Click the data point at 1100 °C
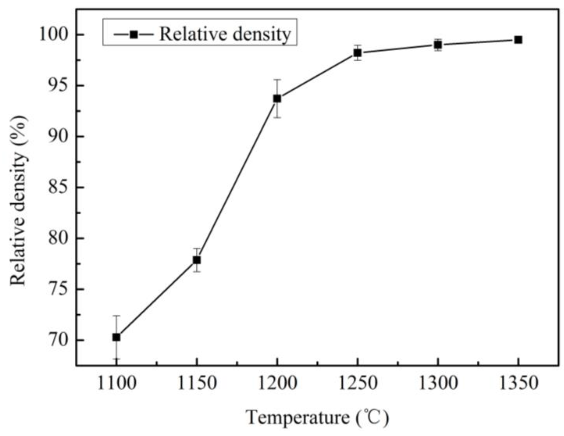(x=116, y=337)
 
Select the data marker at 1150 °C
(x=197, y=260)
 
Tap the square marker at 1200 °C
(x=277, y=99)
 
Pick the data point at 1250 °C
(x=357, y=53)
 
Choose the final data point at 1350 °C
(x=518, y=40)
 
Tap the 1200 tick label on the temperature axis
(x=277, y=384)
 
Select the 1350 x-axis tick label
(x=518, y=384)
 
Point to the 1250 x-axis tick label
(x=357, y=384)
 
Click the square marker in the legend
(x=134, y=34)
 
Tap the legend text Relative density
(x=225, y=34)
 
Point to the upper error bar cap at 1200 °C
(x=277, y=80)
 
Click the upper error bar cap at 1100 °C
(x=116, y=316)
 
